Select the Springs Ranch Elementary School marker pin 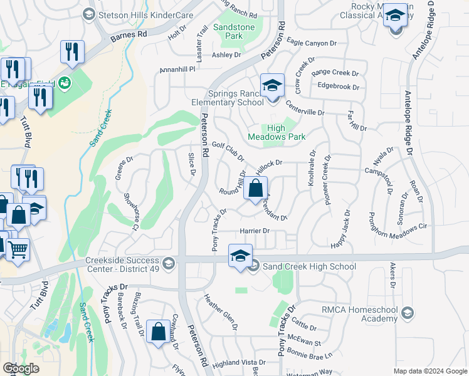(x=273, y=86)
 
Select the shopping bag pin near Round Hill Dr (x=256, y=189)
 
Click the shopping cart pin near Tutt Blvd (x=17, y=250)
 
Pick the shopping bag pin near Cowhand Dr (x=158, y=332)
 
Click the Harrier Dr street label (x=254, y=231)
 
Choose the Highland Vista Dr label (x=239, y=363)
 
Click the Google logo (x=21, y=368)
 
